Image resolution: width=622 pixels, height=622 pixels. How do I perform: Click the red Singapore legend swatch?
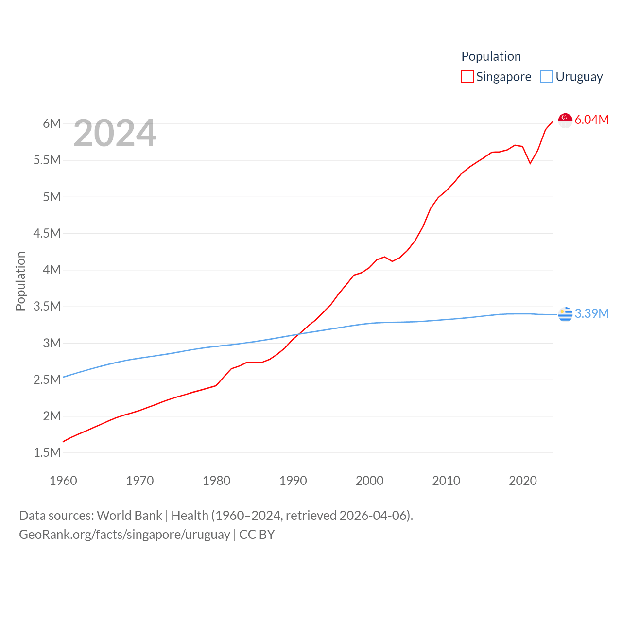click(x=467, y=77)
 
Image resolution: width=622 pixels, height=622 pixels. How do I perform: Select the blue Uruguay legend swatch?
click(x=547, y=77)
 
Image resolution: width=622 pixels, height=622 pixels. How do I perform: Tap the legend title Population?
click(x=491, y=56)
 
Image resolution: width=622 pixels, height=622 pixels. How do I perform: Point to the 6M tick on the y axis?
click(x=52, y=123)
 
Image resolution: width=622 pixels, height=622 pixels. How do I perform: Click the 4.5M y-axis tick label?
click(x=47, y=233)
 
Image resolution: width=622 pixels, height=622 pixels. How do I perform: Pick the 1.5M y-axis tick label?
click(x=47, y=452)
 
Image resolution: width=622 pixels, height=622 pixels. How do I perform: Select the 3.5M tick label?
click(x=47, y=306)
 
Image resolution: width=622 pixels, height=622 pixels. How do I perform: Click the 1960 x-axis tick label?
click(x=63, y=481)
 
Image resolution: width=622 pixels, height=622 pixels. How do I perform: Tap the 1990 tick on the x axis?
click(x=293, y=481)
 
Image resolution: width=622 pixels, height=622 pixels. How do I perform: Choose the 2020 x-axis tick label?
click(x=523, y=481)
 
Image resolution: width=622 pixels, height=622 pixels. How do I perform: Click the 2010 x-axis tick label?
click(x=446, y=481)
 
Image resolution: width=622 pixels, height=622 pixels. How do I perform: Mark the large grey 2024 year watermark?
click(x=115, y=133)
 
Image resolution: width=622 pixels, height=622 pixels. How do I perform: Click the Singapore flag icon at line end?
click(x=565, y=120)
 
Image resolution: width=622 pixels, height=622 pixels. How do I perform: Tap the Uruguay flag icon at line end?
click(x=565, y=314)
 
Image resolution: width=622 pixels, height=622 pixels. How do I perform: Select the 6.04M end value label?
click(x=591, y=120)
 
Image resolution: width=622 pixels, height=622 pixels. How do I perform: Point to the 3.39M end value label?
click(x=591, y=313)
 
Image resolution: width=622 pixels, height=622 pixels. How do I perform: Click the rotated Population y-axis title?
click(x=20, y=281)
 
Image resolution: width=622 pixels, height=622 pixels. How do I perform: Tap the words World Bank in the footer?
click(x=129, y=515)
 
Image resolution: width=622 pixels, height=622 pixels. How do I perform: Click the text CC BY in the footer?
click(x=257, y=535)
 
